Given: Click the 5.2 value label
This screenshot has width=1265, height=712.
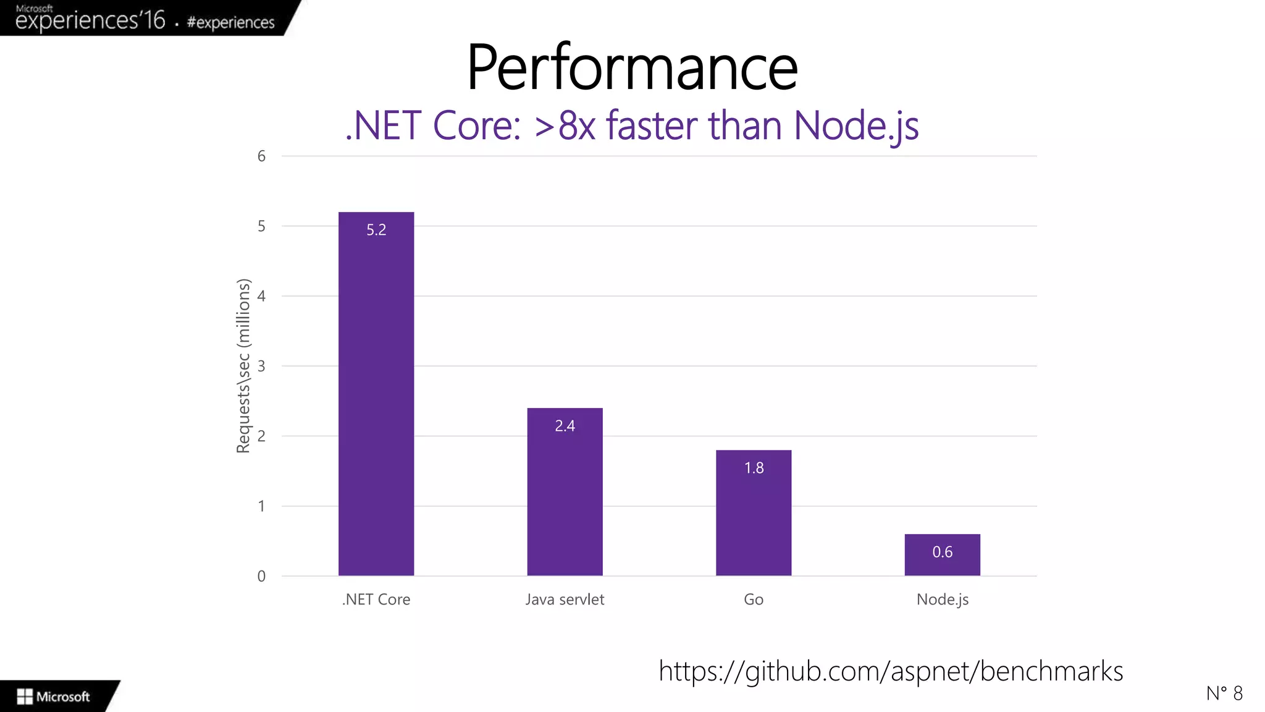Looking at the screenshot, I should pyautogui.click(x=376, y=230).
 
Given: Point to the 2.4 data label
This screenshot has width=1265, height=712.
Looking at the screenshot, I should pyautogui.click(x=565, y=426).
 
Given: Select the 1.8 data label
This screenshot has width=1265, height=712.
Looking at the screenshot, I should pyautogui.click(x=754, y=468).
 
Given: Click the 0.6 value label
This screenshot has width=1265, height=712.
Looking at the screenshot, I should pyautogui.click(x=942, y=552).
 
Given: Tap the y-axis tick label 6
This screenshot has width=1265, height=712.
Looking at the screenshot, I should pyautogui.click(x=261, y=156).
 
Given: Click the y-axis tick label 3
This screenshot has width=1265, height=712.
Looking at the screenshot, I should pyautogui.click(x=261, y=366).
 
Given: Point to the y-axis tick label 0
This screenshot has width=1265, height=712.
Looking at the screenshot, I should pyautogui.click(x=261, y=576).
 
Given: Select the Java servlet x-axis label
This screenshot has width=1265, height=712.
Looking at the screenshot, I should pyautogui.click(x=565, y=600).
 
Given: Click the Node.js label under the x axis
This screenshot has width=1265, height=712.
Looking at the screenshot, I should pyautogui.click(x=942, y=600).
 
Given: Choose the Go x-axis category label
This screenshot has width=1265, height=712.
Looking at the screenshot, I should pyautogui.click(x=754, y=600).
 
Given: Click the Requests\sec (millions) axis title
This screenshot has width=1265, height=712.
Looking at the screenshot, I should pyautogui.click(x=244, y=366).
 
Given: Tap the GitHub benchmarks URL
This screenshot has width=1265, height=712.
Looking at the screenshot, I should pyautogui.click(x=891, y=671).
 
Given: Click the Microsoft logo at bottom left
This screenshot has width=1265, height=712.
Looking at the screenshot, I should pyautogui.click(x=54, y=697).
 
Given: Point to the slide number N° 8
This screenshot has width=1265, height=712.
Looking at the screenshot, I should pyautogui.click(x=1224, y=693).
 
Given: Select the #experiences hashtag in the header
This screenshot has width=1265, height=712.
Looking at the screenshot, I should pyautogui.click(x=230, y=22).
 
